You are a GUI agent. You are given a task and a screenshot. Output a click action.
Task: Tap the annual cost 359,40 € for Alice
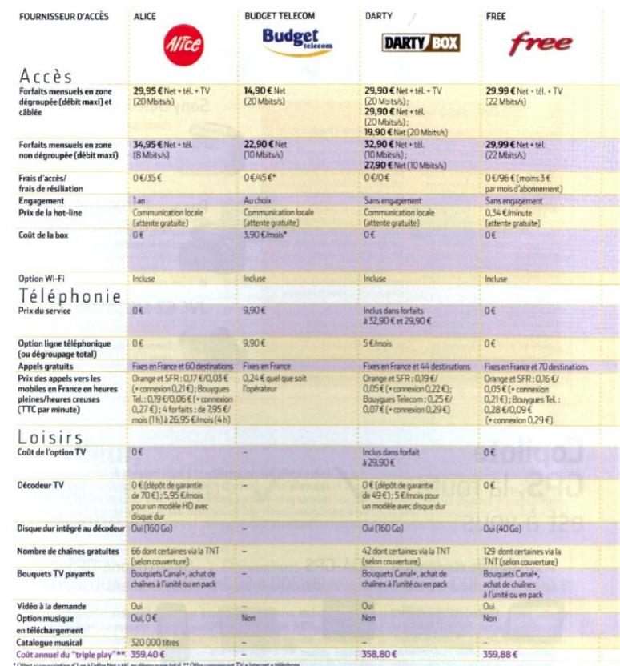tap(149, 652)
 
